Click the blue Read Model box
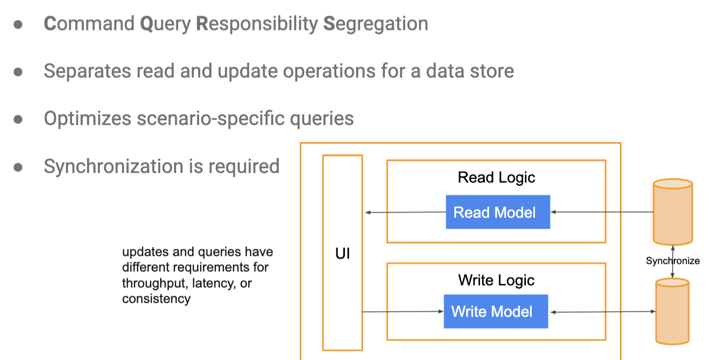click(498, 212)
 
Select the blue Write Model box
click(495, 311)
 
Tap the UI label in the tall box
click(342, 254)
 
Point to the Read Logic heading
click(497, 178)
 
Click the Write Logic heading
click(497, 280)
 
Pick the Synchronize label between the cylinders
click(673, 261)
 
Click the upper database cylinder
click(673, 212)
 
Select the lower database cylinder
click(672, 311)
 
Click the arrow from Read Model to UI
click(405, 212)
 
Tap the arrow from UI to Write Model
click(403, 311)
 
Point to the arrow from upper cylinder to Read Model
click(602, 212)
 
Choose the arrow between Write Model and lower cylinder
click(602, 311)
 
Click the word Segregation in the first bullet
click(376, 24)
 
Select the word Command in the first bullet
click(89, 24)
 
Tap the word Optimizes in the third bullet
click(88, 119)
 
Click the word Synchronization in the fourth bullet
click(114, 167)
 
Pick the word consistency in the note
click(156, 299)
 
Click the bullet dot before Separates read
click(18, 72)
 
